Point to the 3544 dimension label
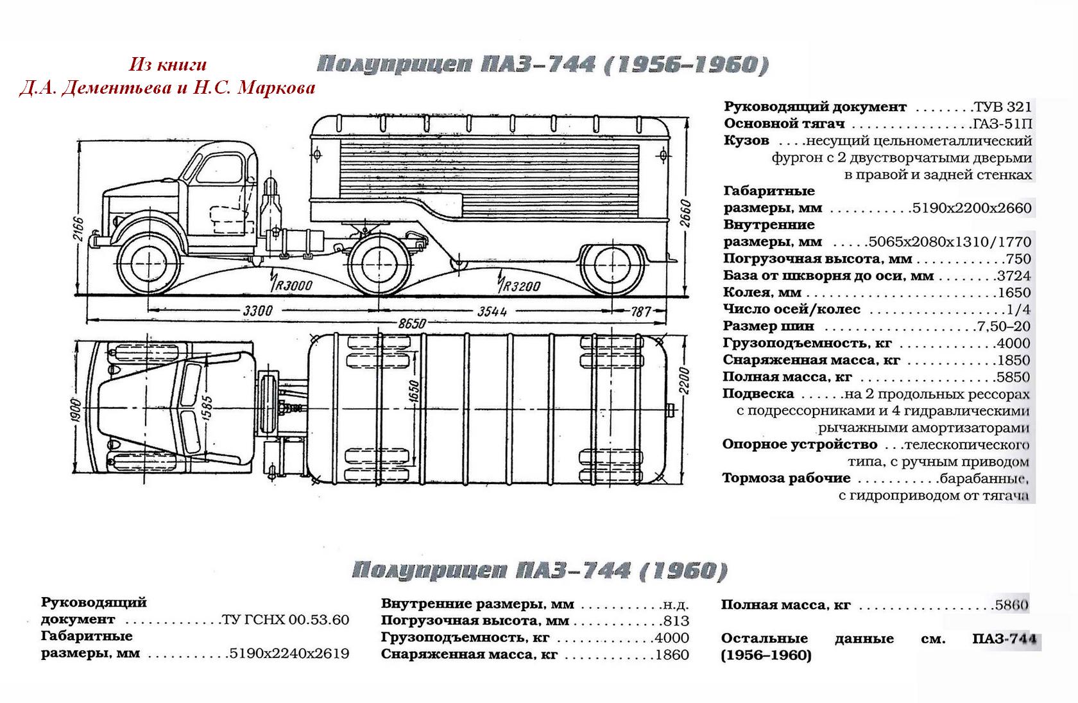(x=492, y=311)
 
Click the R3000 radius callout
(x=291, y=285)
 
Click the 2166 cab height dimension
(x=78, y=227)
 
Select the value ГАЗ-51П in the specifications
(x=1001, y=123)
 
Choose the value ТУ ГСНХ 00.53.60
(x=286, y=620)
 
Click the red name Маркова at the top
(x=277, y=87)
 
